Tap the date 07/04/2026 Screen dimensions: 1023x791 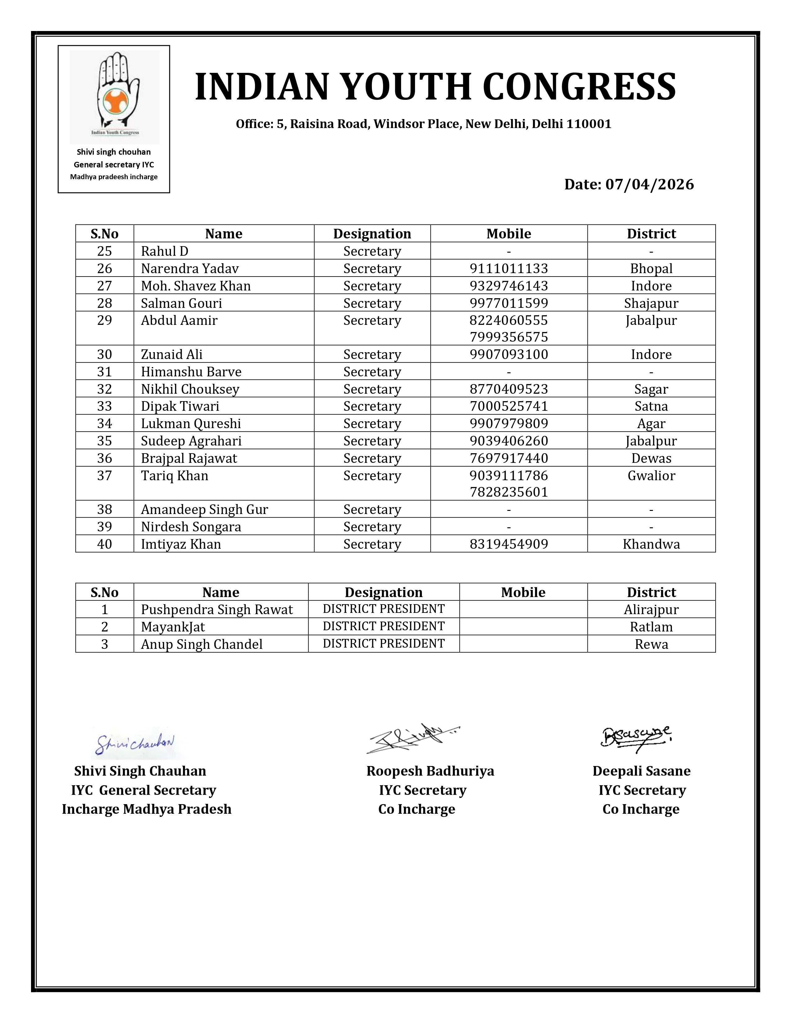(649, 184)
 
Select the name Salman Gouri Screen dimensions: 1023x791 (181, 303)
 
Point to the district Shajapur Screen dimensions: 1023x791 (651, 303)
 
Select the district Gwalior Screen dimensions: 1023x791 (651, 476)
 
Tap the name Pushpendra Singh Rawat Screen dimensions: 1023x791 (217, 609)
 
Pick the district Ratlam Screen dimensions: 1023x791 (651, 627)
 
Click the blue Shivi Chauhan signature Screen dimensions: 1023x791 (135, 743)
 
